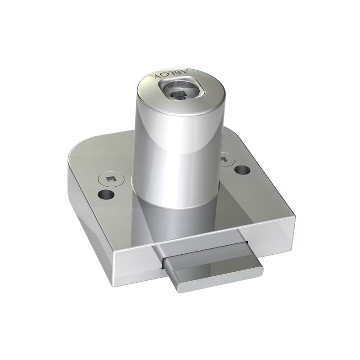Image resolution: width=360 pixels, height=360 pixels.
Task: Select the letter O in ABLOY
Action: click(x=165, y=75)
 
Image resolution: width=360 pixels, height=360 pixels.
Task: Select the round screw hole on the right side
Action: click(x=243, y=170)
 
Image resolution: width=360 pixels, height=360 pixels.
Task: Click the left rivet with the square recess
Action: click(x=111, y=180)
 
